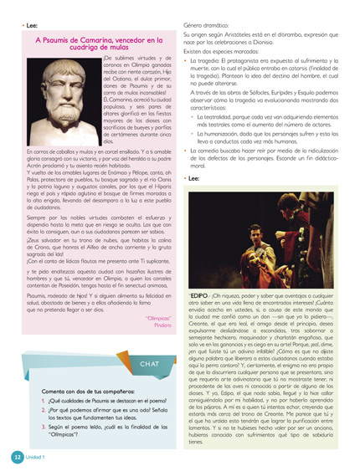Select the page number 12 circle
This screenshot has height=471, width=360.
(x=15, y=458)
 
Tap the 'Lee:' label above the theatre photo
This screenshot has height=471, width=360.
(x=194, y=178)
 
